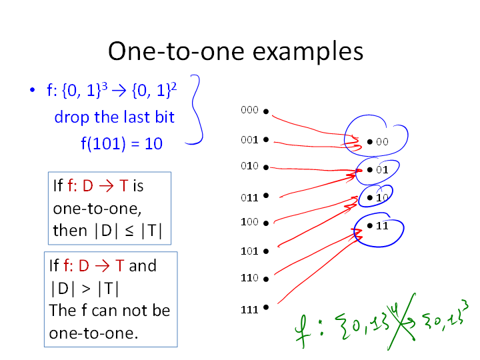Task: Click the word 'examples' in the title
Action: (x=307, y=52)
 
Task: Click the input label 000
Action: (x=249, y=110)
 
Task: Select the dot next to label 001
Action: (x=266, y=139)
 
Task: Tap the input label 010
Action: (x=249, y=166)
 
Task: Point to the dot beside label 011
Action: (x=266, y=195)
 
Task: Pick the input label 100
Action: (x=249, y=222)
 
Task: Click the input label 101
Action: (x=249, y=251)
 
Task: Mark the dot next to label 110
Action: (x=266, y=279)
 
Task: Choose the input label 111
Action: (x=249, y=310)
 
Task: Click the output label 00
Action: (x=382, y=142)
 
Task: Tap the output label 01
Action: (x=382, y=170)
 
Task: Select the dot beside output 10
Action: (x=370, y=198)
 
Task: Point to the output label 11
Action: (x=382, y=226)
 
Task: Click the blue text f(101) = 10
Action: (x=121, y=143)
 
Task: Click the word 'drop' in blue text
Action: (x=72, y=117)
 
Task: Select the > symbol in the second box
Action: (x=86, y=289)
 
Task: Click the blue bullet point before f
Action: (x=33, y=90)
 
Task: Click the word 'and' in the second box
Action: (x=143, y=265)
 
